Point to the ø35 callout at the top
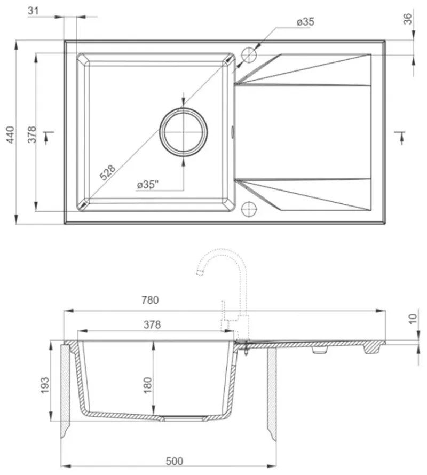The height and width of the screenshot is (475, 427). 305,22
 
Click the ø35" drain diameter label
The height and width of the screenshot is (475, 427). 148,185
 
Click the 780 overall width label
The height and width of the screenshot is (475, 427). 151,300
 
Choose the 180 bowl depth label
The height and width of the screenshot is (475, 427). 148,383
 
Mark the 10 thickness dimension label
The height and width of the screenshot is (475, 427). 412,319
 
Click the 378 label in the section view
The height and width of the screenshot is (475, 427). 152,324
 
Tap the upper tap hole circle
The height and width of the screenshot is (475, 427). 249,55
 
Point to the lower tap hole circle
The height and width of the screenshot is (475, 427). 249,209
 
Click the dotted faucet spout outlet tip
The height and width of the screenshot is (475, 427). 201,274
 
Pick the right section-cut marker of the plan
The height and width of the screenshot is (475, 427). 400,137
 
